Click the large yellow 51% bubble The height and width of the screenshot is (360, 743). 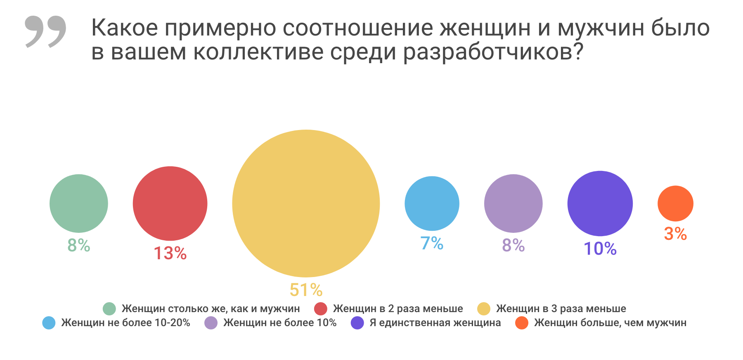coord(306,203)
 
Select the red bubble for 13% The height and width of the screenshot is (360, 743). coord(170,203)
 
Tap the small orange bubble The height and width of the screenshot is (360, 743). coord(675,203)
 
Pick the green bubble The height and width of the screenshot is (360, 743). coord(79,203)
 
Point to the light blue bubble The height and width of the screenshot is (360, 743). coord(432,203)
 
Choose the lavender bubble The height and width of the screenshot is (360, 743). coord(513,203)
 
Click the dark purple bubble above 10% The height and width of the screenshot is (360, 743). coord(600,203)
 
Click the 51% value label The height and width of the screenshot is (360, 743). coord(306,290)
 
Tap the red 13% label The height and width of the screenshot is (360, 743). coord(170,253)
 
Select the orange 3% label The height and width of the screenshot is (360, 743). coord(675,234)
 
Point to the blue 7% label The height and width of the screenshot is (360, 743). coord(432,243)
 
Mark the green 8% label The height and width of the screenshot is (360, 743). coord(79,245)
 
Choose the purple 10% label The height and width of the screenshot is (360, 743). coord(600,249)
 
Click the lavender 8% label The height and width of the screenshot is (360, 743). coord(513,245)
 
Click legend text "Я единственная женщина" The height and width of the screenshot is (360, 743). coord(435,322)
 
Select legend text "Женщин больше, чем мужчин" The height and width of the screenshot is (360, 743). coord(610,322)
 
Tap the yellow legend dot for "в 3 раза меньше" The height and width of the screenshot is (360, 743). coord(483,309)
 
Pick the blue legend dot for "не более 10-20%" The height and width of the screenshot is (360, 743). coord(49,323)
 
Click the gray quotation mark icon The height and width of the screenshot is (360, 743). coord(45,31)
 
